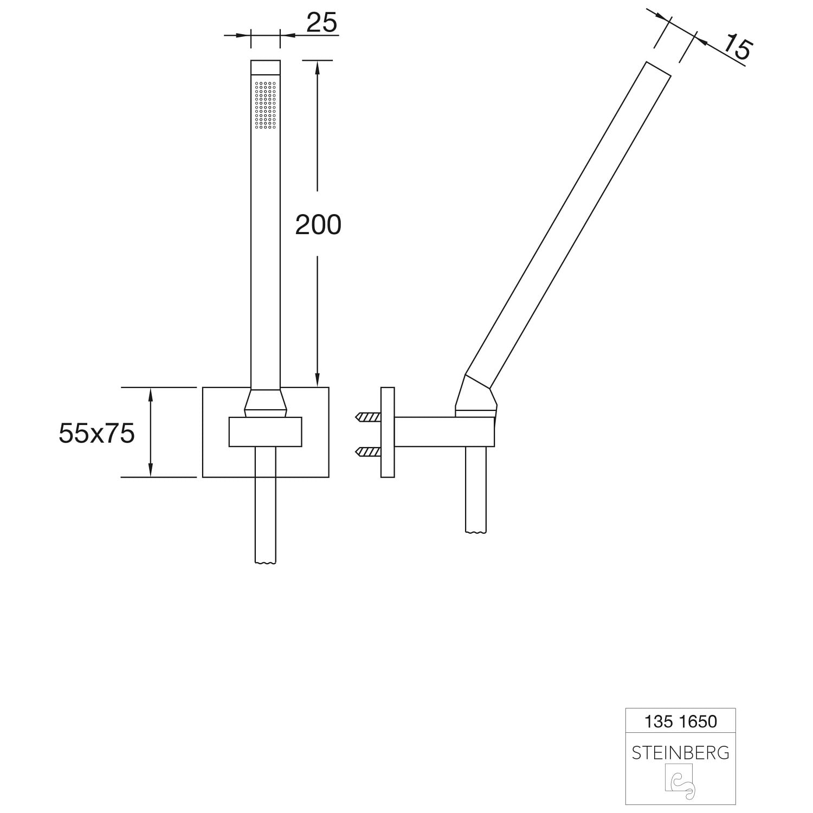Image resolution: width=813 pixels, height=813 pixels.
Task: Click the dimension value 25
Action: click(x=321, y=23)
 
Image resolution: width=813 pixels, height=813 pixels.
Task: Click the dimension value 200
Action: click(x=318, y=224)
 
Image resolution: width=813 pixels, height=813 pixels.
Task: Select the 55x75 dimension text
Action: click(x=96, y=433)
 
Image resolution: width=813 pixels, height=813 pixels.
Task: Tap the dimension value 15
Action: click(x=737, y=47)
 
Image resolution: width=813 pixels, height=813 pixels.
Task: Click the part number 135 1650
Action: click(x=680, y=721)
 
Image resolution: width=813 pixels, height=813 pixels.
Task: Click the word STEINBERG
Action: click(x=680, y=752)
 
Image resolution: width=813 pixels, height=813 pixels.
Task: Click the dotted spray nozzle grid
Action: click(x=265, y=105)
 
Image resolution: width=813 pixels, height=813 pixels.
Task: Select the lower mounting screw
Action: click(x=368, y=451)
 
